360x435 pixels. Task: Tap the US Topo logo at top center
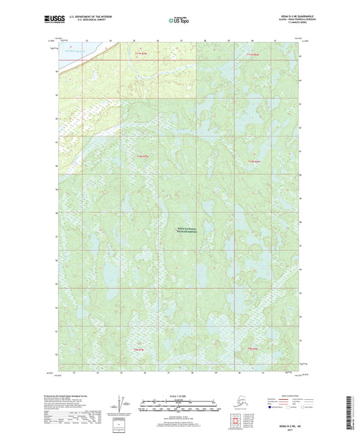point(180,21)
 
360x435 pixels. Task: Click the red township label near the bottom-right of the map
point(253,349)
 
